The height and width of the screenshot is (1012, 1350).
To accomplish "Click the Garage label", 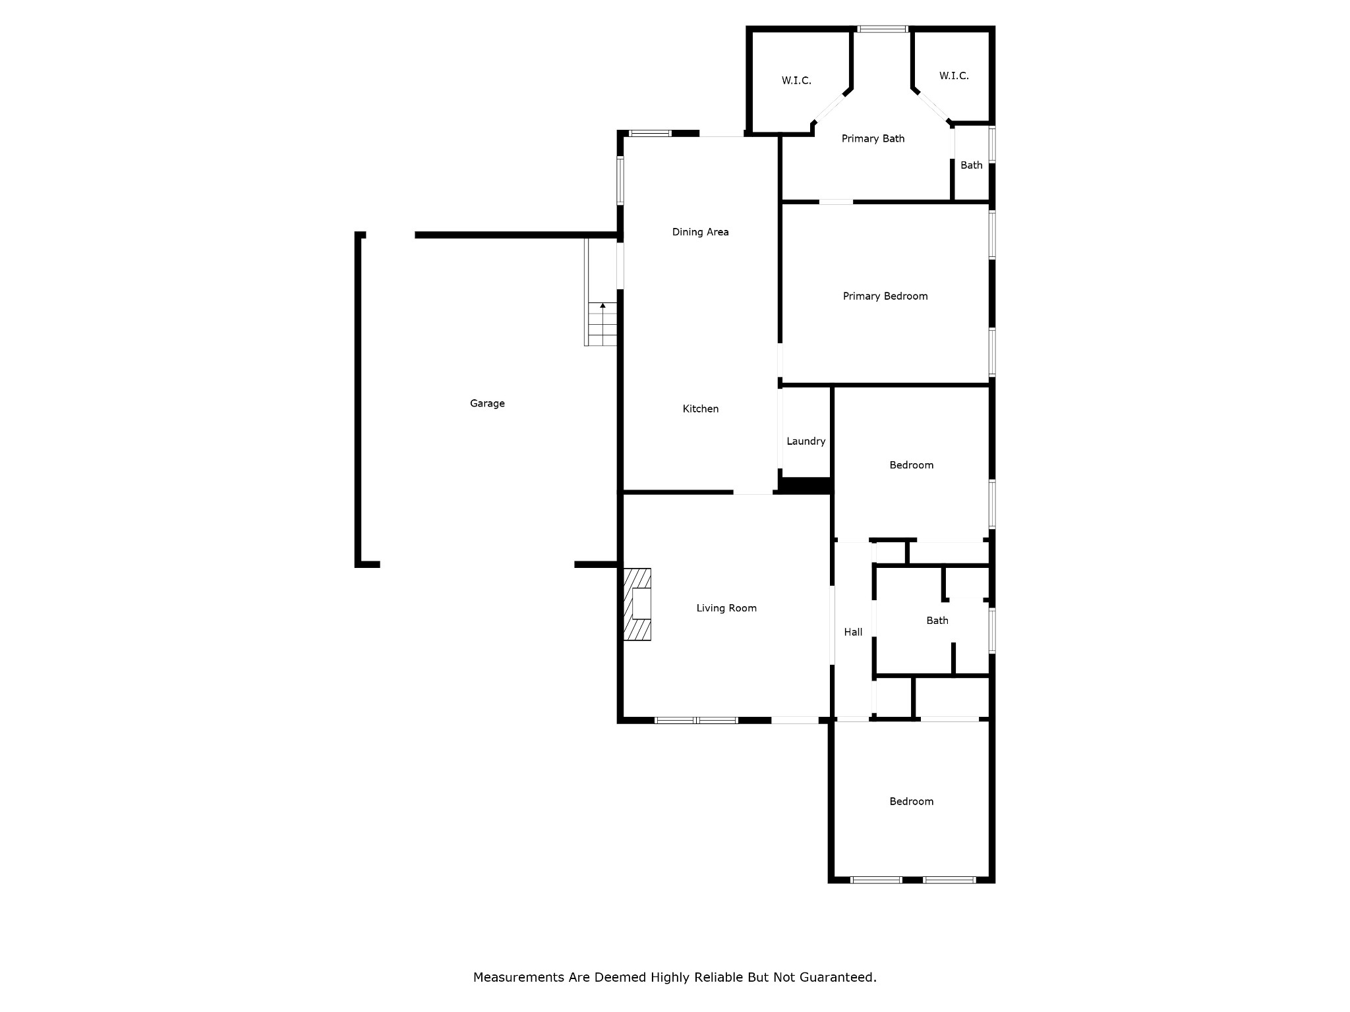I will click(x=487, y=403).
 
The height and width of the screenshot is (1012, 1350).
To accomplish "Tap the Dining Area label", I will click(x=700, y=232).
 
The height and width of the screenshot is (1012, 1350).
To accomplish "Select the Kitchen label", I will click(x=700, y=408).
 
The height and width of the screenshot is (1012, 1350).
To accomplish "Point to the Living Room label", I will click(x=726, y=608).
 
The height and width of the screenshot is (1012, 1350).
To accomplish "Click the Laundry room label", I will click(x=806, y=441).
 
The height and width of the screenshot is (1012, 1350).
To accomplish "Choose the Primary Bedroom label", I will click(x=885, y=296).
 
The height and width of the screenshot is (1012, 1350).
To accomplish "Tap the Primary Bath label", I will click(x=873, y=138).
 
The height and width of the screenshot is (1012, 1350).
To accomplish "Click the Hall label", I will click(x=853, y=632).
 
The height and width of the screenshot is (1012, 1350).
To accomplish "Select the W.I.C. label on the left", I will click(x=796, y=80).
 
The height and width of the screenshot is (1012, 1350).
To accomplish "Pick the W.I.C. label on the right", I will click(x=954, y=76).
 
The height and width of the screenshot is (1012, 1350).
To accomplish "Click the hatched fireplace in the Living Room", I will click(x=637, y=604).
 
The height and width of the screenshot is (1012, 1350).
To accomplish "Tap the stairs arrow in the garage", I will click(x=602, y=306).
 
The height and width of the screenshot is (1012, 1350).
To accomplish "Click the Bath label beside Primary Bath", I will click(x=971, y=165).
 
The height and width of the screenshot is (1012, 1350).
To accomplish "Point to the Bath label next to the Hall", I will click(x=937, y=621).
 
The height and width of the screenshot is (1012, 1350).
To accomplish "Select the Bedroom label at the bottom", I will click(x=911, y=802).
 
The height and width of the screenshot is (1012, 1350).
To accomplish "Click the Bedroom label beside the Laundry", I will click(x=911, y=465).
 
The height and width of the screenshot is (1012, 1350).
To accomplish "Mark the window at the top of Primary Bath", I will click(x=883, y=29).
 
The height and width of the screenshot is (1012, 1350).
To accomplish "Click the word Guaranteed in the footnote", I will click(x=838, y=977).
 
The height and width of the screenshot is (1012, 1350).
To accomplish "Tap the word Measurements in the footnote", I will click(x=519, y=977).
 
